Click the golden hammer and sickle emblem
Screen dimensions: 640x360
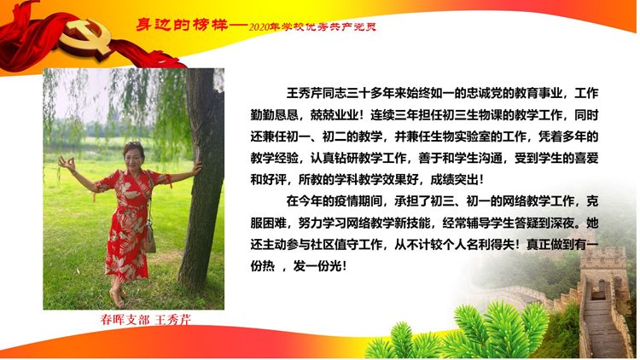tap(85, 39)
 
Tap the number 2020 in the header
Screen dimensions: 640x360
tap(259, 27)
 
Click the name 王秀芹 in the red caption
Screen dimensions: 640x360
tap(173, 320)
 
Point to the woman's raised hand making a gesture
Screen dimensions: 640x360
tap(67, 164)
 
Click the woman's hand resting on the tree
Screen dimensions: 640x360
tap(197, 167)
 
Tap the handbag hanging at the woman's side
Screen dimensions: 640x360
tap(150, 238)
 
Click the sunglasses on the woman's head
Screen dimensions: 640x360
tap(133, 144)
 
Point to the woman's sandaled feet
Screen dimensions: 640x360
tap(118, 297)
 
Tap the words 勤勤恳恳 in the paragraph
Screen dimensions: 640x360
tap(274, 114)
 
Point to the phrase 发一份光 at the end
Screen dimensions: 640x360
tap(317, 266)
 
